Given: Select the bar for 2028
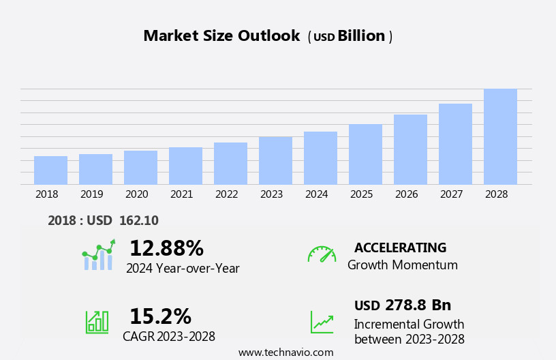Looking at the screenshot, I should tap(500, 136).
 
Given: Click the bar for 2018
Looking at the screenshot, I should tap(50, 170).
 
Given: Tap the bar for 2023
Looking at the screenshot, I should tap(275, 160).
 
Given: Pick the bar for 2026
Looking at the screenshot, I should tap(410, 149).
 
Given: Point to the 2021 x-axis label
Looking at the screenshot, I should tap(181, 194).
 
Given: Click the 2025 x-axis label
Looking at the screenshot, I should tap(361, 194).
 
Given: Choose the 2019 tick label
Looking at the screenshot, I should tap(91, 194).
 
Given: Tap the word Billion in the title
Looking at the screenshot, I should tap(361, 36).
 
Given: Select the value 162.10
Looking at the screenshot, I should tap(138, 221).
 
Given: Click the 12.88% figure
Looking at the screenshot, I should tap(166, 248).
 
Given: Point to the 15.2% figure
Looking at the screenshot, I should tap(160, 316).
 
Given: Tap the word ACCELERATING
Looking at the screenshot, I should tap(400, 248).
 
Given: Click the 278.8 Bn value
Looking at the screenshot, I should tap(418, 305).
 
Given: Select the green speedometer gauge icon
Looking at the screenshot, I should tap(322, 254).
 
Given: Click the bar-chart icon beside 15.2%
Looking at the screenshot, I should tap(97, 321).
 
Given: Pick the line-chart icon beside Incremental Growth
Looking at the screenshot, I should tap(322, 322).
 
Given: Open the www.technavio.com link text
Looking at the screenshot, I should tap(285, 352).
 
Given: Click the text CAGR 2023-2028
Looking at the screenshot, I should tap(169, 337).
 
